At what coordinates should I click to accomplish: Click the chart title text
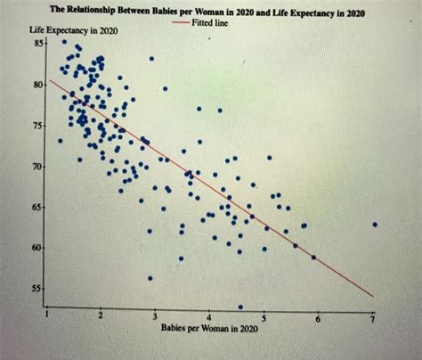click(207, 13)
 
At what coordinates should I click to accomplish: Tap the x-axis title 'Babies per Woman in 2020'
click(209, 329)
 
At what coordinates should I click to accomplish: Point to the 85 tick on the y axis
click(38, 42)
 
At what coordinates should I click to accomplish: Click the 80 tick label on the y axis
click(38, 86)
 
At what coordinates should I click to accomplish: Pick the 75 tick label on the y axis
click(38, 127)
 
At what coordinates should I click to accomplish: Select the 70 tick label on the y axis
click(38, 168)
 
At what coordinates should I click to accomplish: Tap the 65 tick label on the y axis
click(38, 207)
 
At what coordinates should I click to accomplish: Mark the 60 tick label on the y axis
click(38, 248)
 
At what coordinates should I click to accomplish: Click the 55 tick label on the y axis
click(38, 290)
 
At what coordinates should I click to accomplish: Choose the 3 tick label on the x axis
click(154, 317)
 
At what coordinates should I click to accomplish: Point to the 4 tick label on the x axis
click(208, 317)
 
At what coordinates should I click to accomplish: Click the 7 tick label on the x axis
click(373, 318)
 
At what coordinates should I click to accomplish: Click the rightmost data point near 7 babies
click(375, 225)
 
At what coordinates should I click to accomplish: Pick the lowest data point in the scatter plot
click(240, 307)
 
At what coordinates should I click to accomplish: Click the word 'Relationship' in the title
click(98, 13)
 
